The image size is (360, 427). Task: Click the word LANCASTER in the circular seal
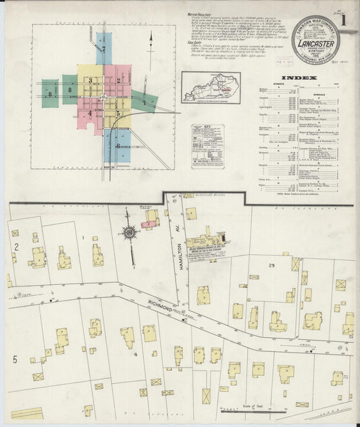317,46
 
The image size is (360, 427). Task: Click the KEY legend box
208,146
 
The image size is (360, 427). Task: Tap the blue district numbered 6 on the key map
118,146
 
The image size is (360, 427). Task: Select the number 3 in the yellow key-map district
90,80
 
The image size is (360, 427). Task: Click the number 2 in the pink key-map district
118,80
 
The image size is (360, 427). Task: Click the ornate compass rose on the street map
128,233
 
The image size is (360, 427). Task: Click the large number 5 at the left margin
14,359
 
